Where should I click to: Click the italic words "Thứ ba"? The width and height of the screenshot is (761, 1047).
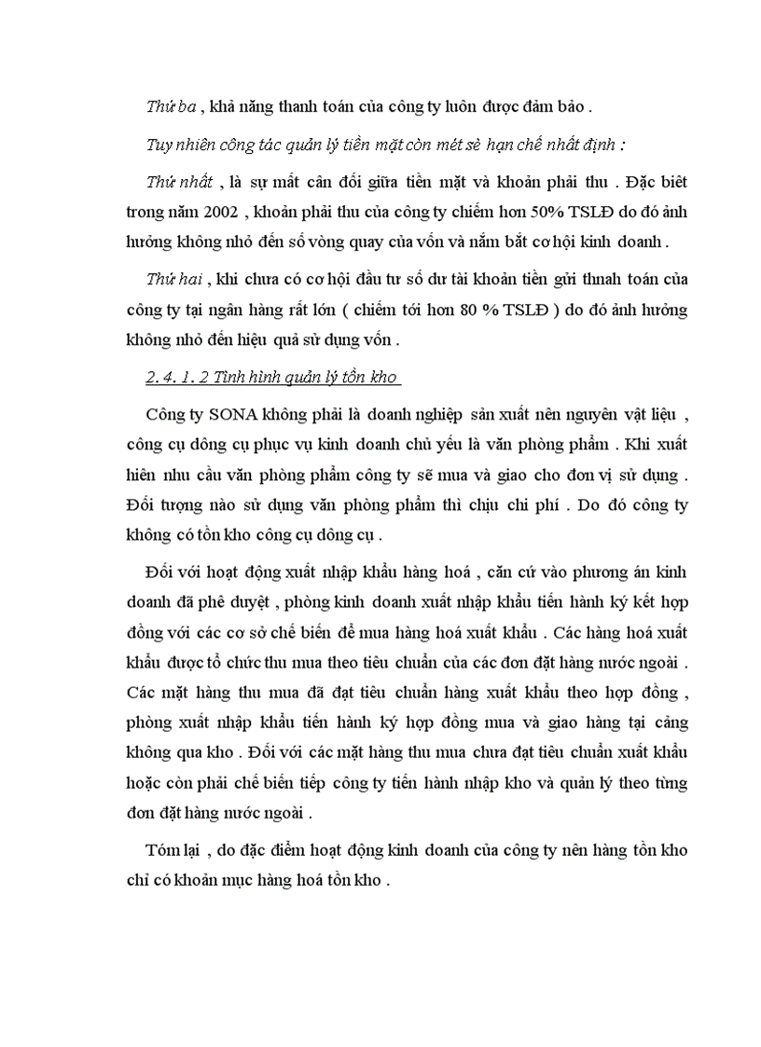170,107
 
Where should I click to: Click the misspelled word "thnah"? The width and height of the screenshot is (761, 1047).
561,278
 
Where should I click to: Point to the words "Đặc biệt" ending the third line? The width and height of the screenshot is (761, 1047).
653,179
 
